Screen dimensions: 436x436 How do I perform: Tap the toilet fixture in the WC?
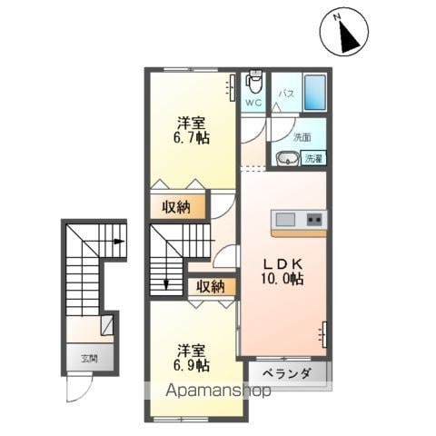(x=253, y=84)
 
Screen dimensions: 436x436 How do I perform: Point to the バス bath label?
(x=285, y=94)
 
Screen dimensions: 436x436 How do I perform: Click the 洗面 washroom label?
(x=302, y=138)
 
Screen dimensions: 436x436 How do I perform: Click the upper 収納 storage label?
(x=176, y=207)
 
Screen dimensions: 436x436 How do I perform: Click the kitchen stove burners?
(x=313, y=220)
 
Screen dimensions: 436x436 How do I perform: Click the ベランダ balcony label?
(x=286, y=374)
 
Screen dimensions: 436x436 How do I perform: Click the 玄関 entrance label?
(x=88, y=356)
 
